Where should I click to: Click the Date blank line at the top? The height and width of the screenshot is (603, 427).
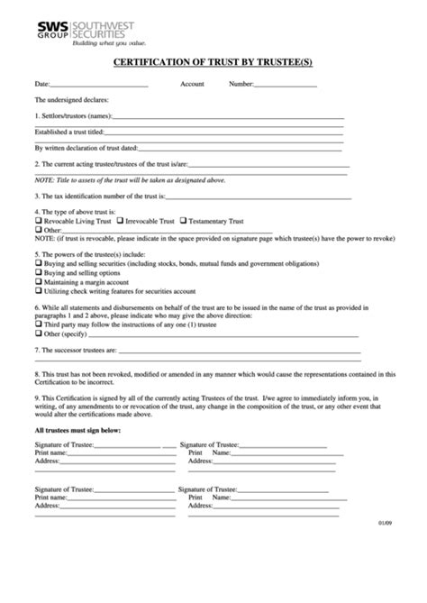(x=98, y=86)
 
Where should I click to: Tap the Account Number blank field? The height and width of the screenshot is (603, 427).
(x=286, y=86)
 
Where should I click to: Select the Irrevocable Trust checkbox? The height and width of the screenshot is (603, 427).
(x=120, y=221)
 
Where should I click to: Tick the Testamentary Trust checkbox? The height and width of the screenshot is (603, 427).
(x=184, y=221)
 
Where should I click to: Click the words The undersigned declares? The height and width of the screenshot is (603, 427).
(x=68, y=101)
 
